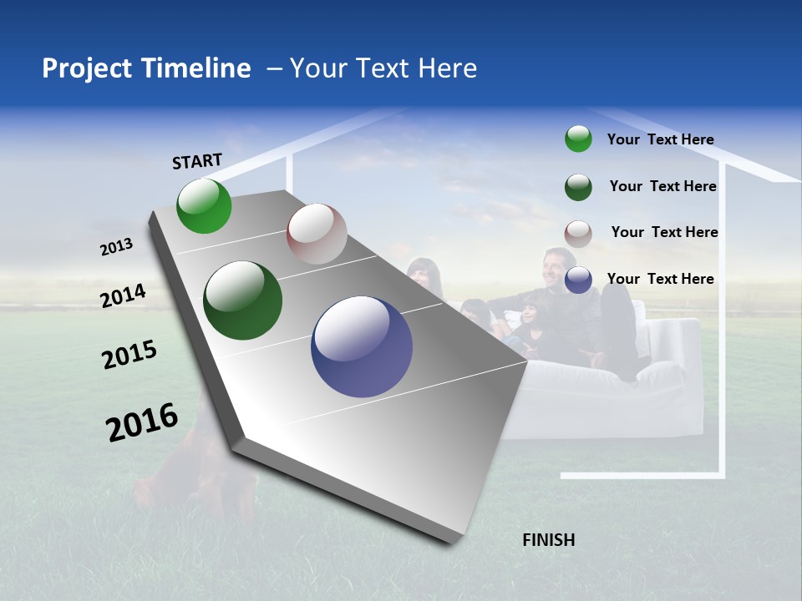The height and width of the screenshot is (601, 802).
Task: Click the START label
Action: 197,161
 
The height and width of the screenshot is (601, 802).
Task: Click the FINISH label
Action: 548,540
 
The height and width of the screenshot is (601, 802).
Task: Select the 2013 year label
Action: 116,247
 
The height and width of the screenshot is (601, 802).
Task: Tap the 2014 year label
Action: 123,295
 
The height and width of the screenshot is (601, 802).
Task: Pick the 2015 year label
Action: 129,355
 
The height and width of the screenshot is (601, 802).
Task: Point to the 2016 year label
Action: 142,422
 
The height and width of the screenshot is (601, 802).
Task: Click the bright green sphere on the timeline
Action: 204,206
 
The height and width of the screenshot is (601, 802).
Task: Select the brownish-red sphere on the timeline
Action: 317,234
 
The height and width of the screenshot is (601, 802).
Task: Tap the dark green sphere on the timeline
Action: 243,300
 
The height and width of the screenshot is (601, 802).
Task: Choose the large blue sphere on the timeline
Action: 362,346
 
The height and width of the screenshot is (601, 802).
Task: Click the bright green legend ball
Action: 578,139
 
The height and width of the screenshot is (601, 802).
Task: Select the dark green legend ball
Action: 578,187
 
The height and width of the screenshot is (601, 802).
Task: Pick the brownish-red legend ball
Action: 578,234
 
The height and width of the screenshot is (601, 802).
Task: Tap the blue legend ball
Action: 578,280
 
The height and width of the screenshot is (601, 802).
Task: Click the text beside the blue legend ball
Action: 660,279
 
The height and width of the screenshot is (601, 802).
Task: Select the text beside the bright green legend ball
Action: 660,139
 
